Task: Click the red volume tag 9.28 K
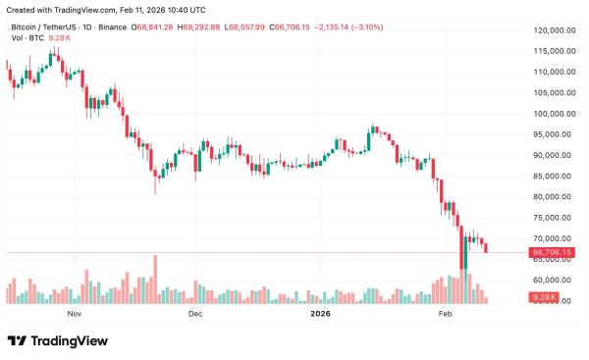click(543, 296)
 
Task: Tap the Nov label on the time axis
click(74, 314)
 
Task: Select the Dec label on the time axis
click(194, 314)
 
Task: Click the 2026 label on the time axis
click(321, 314)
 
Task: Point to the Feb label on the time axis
click(445, 314)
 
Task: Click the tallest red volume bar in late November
click(155, 280)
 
